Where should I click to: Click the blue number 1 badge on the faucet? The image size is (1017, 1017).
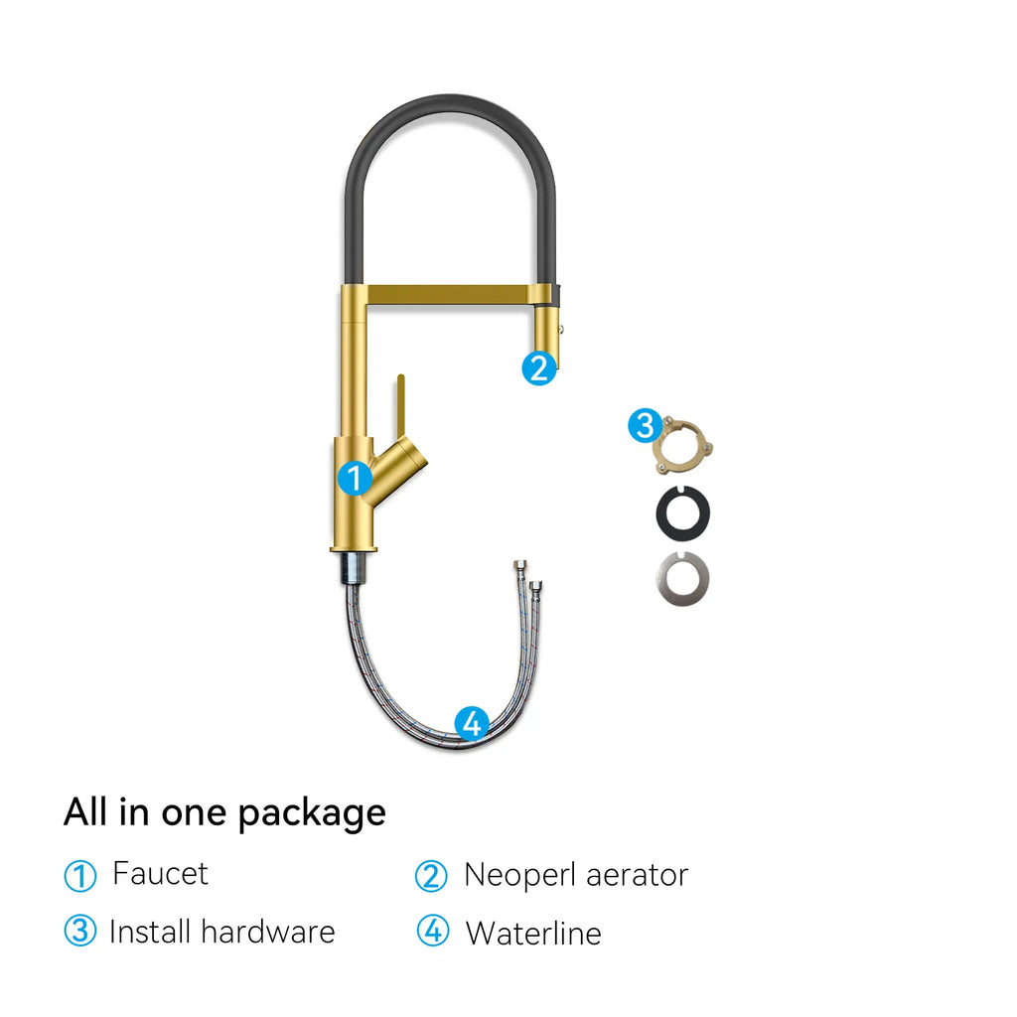coord(355,478)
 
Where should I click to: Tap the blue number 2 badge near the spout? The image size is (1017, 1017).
coord(538,368)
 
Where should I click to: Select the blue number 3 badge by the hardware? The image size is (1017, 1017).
coord(645,426)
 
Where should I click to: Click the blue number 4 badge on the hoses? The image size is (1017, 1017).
coord(472,723)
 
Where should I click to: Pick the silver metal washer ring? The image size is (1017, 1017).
coord(683,579)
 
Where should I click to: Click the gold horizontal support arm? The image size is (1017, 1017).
coord(447,294)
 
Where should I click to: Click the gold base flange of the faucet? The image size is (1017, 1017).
coord(353,548)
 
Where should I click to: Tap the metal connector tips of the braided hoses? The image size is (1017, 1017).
coord(527,575)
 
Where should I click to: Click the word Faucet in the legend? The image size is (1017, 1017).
coord(160,874)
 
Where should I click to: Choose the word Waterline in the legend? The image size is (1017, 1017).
coord(533,934)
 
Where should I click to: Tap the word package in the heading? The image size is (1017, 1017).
coord(311,813)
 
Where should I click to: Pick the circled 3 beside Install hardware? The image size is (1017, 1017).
coord(79,932)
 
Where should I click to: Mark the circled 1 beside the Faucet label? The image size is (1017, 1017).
coord(79,876)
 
